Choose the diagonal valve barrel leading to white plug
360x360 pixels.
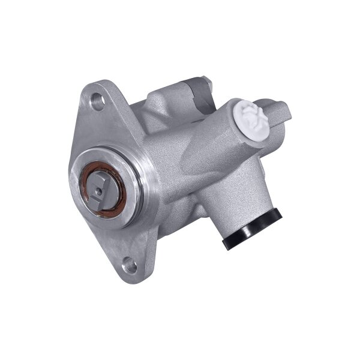click(x=198, y=150)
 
